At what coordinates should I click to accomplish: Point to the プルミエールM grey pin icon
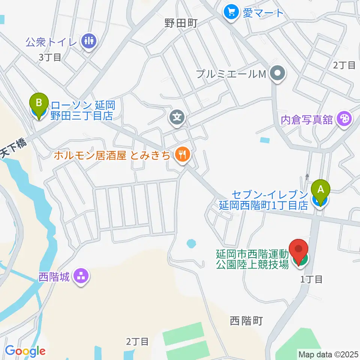(278, 74)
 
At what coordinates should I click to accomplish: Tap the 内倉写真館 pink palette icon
(343, 120)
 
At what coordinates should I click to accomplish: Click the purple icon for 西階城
(80, 277)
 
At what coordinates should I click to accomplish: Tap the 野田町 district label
(181, 23)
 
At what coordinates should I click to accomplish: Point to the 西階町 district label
(246, 321)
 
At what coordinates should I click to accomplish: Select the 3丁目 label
(49, 57)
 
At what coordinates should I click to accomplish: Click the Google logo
(25, 351)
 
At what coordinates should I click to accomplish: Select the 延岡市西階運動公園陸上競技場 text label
(252, 259)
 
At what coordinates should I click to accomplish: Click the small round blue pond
(191, 244)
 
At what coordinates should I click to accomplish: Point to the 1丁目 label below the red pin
(312, 279)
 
